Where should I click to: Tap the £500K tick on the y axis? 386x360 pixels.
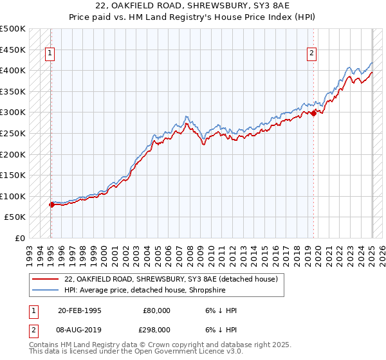click(x=13, y=29)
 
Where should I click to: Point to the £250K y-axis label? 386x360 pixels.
click(x=13, y=133)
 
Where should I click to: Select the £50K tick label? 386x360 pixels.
click(x=15, y=217)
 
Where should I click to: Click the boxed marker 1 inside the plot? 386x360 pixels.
click(x=50, y=54)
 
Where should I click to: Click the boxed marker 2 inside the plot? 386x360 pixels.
click(x=311, y=54)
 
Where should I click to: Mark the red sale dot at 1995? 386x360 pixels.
click(x=51, y=205)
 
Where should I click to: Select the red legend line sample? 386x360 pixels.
click(x=46, y=279)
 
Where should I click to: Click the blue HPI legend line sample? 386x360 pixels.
click(x=46, y=290)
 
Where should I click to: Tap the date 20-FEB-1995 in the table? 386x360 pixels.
click(x=79, y=310)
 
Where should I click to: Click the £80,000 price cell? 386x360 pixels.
click(x=156, y=310)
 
